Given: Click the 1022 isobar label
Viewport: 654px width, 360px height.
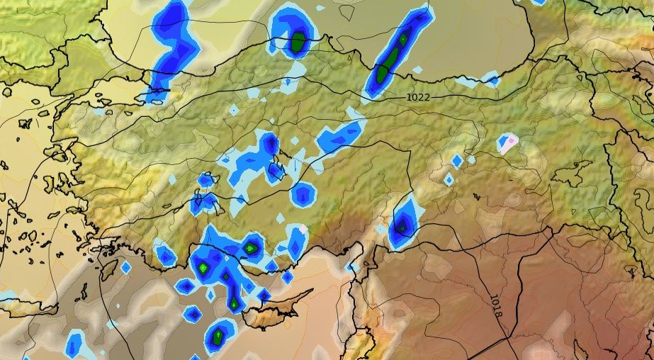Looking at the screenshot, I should tap(418, 96).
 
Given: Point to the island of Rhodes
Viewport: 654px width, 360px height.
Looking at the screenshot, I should tap(109, 270).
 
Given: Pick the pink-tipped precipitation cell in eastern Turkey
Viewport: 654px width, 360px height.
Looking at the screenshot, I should tap(508, 144).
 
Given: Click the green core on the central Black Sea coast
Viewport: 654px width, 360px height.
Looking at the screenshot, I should tap(298, 43).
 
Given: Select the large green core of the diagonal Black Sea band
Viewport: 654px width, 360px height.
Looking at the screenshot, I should tap(383, 72).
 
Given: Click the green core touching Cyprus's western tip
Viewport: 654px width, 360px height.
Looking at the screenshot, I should tap(235, 303).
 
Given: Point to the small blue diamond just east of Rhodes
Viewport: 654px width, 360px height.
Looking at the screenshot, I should tap(126, 267).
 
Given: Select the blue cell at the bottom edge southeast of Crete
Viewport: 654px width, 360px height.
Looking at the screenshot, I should tap(74, 345).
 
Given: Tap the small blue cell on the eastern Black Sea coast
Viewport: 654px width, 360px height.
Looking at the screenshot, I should tap(490, 80).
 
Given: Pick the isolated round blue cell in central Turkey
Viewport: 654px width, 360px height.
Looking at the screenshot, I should tap(303, 194).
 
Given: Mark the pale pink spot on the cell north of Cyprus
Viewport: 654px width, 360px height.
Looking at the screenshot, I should tap(303, 229).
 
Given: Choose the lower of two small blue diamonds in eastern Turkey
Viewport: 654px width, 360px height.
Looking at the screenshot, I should tap(448, 180).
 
